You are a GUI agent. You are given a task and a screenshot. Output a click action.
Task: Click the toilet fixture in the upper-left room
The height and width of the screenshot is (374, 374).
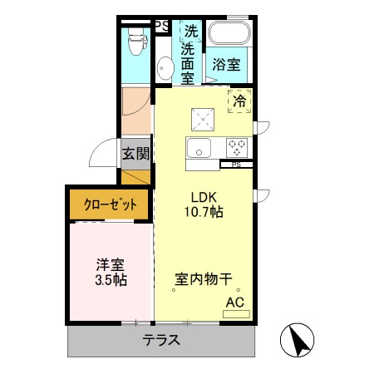pyautogui.click(x=133, y=37)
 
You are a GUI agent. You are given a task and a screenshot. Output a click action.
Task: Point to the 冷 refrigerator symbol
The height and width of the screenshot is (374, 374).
pyautogui.click(x=239, y=101)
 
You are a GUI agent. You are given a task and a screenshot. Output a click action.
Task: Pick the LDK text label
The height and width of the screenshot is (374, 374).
pyautogui.click(x=204, y=197)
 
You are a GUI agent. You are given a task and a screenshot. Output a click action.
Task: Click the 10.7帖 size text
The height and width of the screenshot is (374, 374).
pyautogui.click(x=204, y=213)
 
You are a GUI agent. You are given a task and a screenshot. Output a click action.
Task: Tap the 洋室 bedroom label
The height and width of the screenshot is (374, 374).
pyautogui.click(x=110, y=265)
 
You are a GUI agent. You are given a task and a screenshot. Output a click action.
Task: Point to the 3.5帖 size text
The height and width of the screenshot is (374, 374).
pyautogui.click(x=110, y=281)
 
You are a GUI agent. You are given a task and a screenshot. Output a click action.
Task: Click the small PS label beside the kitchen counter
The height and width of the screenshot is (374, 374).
pyautogui.click(x=237, y=164)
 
